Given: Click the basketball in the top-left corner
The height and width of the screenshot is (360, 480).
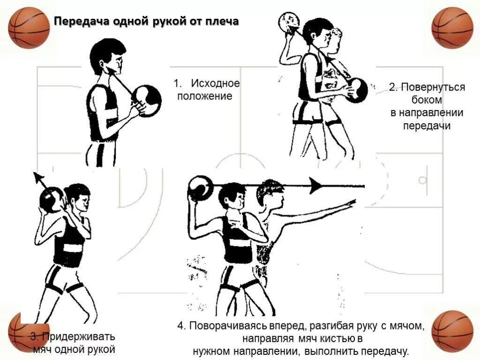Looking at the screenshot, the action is point(29,28).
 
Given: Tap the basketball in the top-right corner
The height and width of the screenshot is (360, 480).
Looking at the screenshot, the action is point(452,28).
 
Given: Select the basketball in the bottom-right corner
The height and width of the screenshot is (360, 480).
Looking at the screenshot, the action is point(452,330).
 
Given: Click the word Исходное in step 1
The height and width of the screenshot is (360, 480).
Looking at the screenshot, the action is point(215,83).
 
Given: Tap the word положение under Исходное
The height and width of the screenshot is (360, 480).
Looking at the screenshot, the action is point(204,96).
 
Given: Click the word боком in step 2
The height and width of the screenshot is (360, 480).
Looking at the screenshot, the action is point(427,100).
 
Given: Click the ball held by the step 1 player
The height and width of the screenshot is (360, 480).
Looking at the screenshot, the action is point(147,100).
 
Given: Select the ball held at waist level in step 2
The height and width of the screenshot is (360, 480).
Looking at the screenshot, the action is point(358,90).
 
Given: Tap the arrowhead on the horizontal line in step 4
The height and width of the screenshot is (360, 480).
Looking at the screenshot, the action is point(316,186).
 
